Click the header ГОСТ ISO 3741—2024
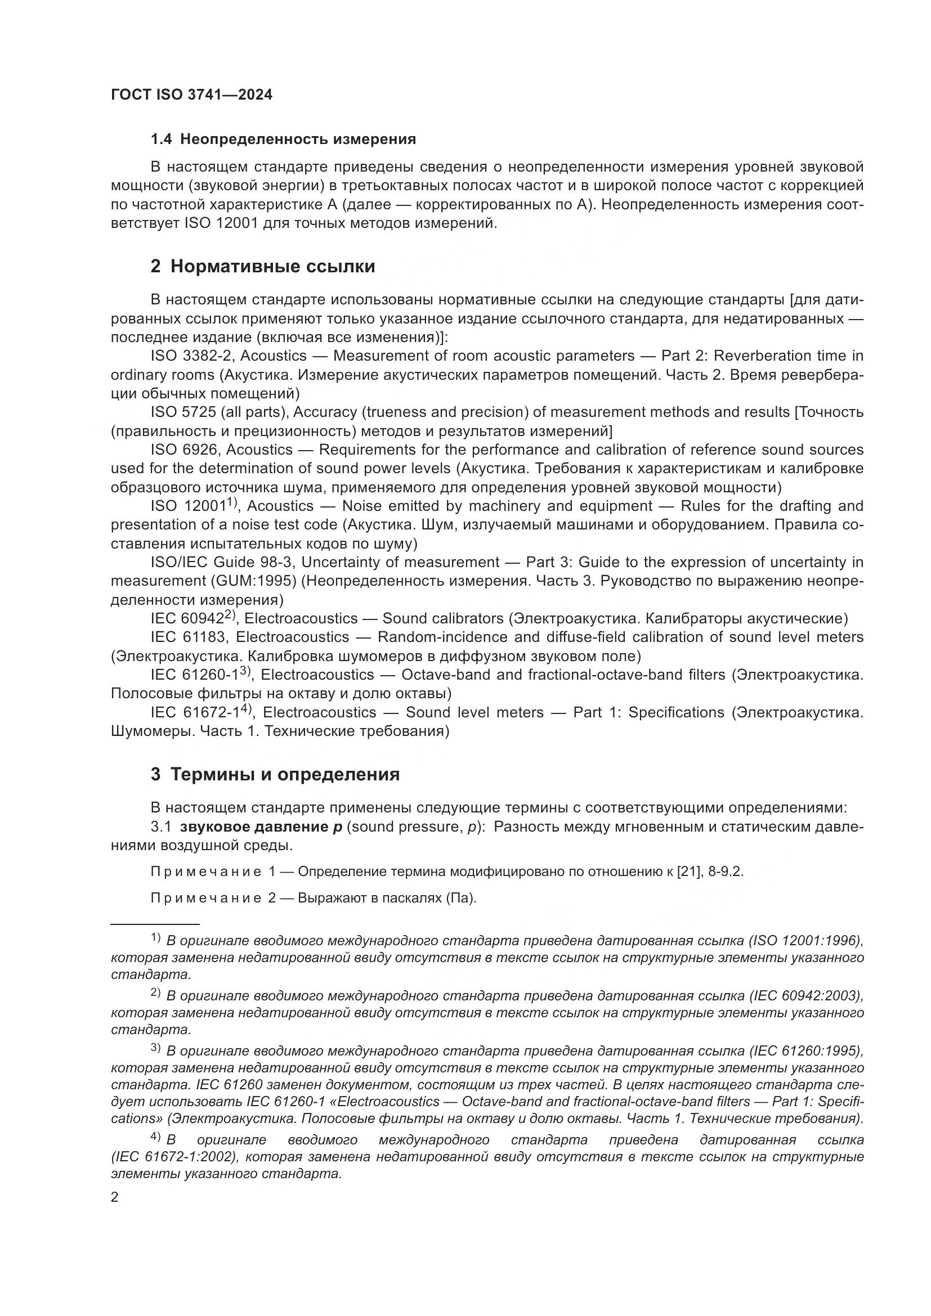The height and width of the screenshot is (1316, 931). pos(191,95)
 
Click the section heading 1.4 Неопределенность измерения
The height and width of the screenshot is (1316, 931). pos(283,140)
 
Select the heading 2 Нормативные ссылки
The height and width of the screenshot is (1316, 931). pos(262,267)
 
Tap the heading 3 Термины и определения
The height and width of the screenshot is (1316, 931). pos(275,774)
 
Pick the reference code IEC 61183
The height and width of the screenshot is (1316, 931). pos(189,637)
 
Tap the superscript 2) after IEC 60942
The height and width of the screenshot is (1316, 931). pos(230,614)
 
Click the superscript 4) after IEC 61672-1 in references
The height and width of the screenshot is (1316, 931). pos(247,708)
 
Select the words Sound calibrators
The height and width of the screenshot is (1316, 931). pos(442,619)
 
